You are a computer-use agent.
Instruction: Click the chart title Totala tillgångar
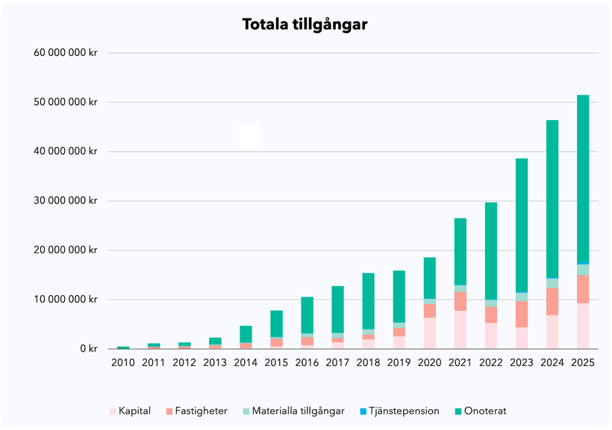point(305,25)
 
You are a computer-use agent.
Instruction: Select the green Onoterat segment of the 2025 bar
point(583,179)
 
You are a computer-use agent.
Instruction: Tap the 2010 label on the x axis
point(123,362)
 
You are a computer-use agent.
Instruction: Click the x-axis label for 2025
point(583,362)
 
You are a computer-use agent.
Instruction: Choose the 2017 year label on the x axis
point(338,362)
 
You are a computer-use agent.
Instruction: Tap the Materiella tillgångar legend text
point(298,411)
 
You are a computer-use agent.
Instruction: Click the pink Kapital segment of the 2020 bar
point(430,333)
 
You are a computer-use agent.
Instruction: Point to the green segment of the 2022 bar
point(491,250)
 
